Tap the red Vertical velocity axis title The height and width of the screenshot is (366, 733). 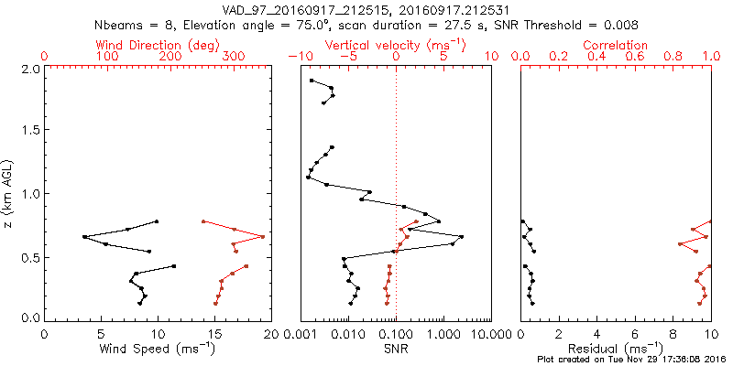tap(395, 45)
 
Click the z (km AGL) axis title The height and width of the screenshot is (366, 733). tap(10, 193)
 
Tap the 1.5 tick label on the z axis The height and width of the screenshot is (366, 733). tap(30, 130)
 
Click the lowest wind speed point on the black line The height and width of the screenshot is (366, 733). tap(84, 237)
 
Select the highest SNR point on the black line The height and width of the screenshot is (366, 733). tap(461, 237)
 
